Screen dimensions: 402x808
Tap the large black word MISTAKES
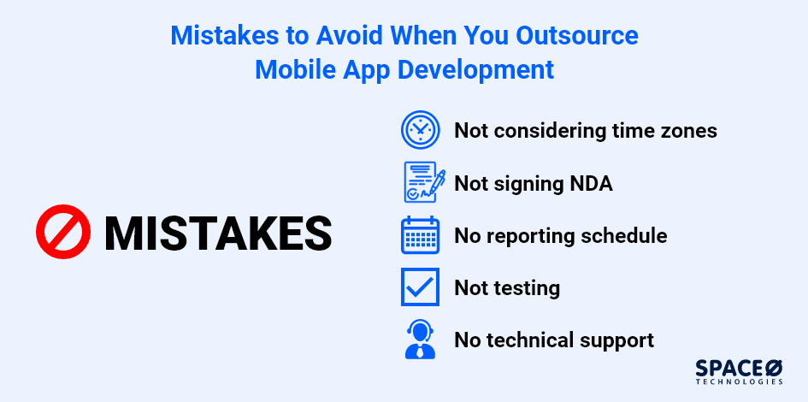point(217,233)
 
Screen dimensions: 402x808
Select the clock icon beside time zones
point(420,130)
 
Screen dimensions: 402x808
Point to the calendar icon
point(420,235)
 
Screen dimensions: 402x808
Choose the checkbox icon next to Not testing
point(420,287)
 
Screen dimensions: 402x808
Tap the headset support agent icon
point(420,339)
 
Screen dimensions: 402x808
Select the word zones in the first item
point(686,131)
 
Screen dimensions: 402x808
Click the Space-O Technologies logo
point(740,371)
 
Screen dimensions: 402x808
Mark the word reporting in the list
point(528,235)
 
